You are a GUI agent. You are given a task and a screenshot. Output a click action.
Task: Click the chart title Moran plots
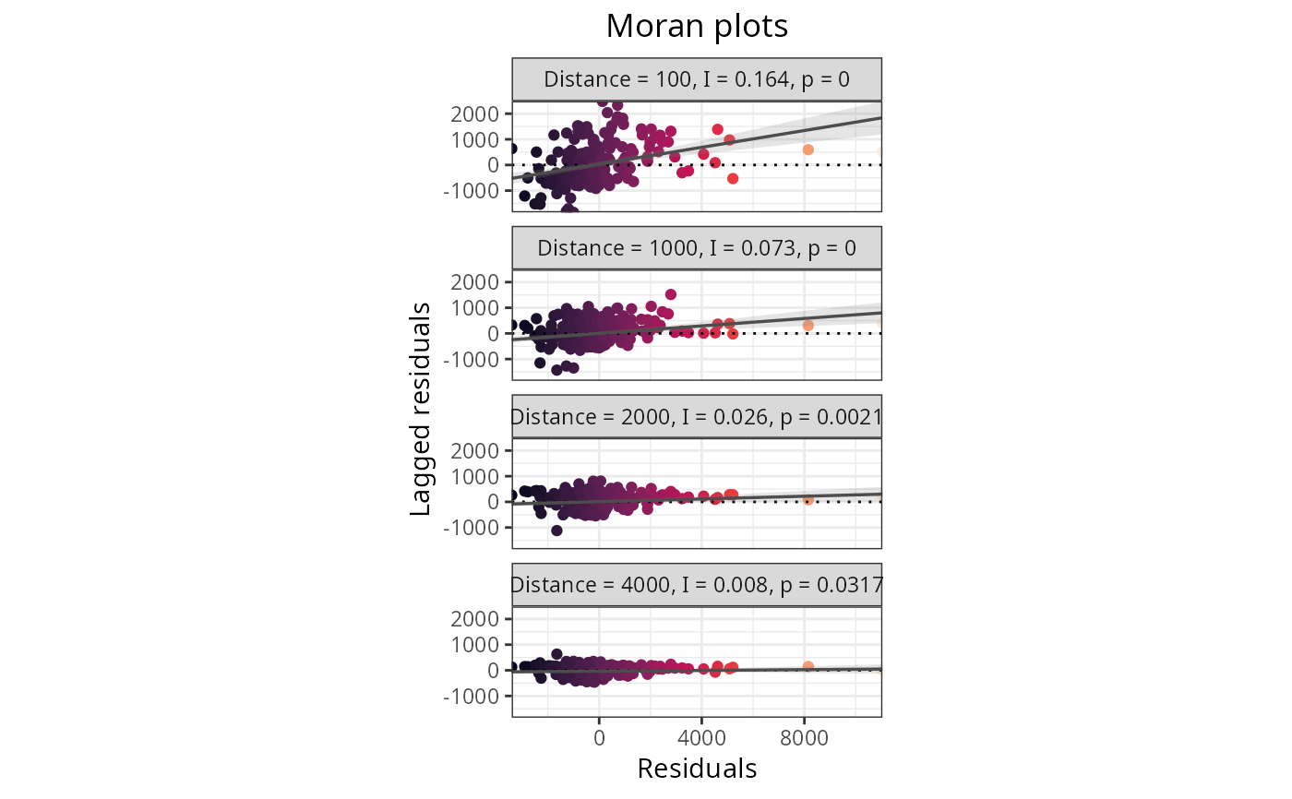click(697, 27)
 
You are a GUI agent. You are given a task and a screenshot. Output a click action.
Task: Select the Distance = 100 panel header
click(697, 79)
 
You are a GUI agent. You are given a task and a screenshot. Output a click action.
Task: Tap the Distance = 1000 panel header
click(697, 248)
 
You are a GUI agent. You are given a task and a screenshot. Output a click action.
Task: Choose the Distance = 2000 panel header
click(697, 417)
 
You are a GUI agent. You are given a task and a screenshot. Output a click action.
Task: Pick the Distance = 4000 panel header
click(697, 585)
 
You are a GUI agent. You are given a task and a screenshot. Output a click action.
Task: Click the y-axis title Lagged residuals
click(421, 408)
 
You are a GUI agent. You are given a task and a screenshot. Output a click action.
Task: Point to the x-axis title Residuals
click(697, 769)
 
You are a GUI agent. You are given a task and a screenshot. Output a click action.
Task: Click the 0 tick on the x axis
click(599, 738)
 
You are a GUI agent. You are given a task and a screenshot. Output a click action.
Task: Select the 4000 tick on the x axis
click(701, 738)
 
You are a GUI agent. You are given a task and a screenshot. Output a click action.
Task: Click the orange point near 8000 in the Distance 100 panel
click(807, 149)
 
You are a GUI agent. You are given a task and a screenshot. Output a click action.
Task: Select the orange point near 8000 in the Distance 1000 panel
click(807, 326)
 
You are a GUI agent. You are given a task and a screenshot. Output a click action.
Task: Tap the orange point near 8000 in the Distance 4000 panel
click(807, 666)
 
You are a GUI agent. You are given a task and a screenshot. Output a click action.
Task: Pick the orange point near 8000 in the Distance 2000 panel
click(807, 500)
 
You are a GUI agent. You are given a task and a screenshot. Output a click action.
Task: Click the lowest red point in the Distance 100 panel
click(733, 178)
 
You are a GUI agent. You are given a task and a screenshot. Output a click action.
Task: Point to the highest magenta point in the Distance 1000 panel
click(671, 294)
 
